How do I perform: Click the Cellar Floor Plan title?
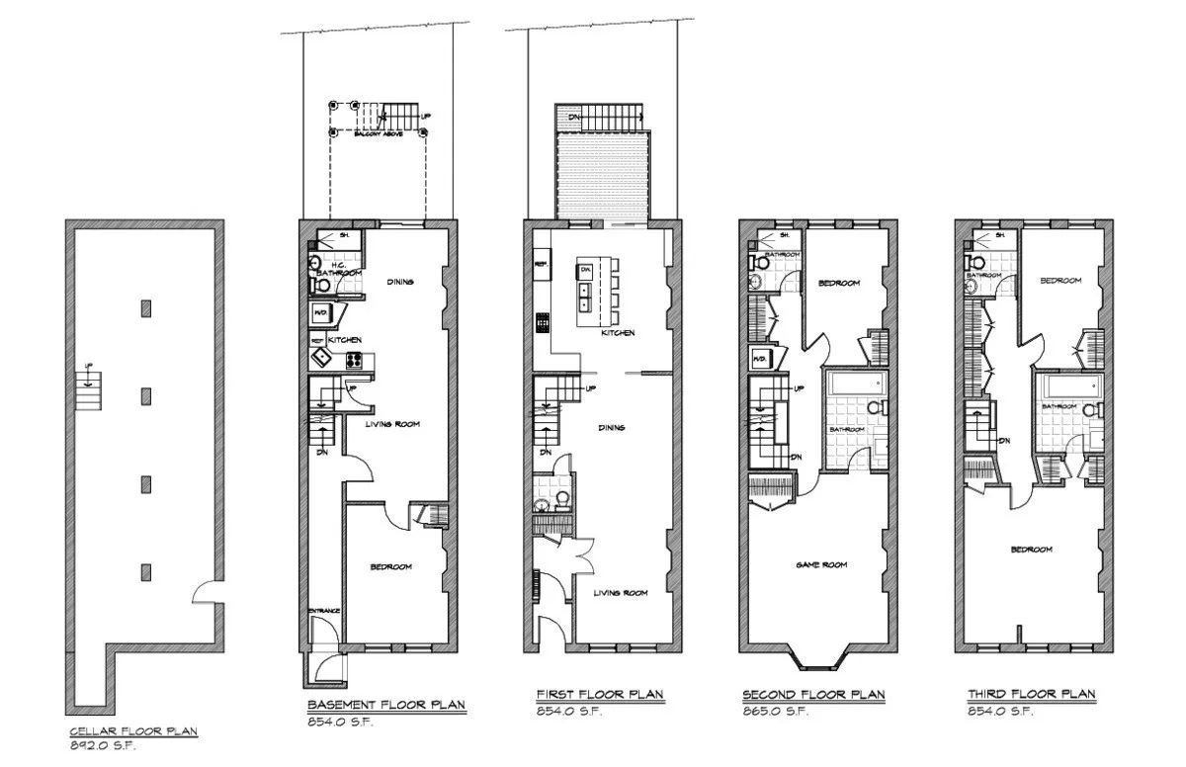133,732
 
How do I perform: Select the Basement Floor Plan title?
385,705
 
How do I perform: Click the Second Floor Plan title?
813,696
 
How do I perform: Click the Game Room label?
822,565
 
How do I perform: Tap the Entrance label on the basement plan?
324,611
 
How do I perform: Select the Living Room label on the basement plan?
392,424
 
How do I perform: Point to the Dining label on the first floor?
614,428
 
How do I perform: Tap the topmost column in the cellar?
146,308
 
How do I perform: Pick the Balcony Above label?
379,132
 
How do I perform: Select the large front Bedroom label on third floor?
1031,550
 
